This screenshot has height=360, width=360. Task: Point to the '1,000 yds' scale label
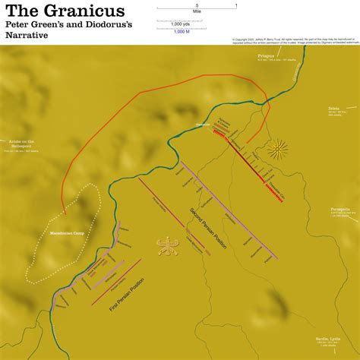tap(181, 23)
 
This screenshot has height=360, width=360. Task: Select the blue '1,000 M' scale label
tap(181, 30)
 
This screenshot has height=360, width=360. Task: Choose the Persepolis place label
tap(339, 207)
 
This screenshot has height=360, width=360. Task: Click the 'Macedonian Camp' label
tap(60, 232)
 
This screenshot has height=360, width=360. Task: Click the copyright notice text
tap(292, 39)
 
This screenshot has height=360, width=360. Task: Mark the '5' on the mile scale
tap(197, 5)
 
